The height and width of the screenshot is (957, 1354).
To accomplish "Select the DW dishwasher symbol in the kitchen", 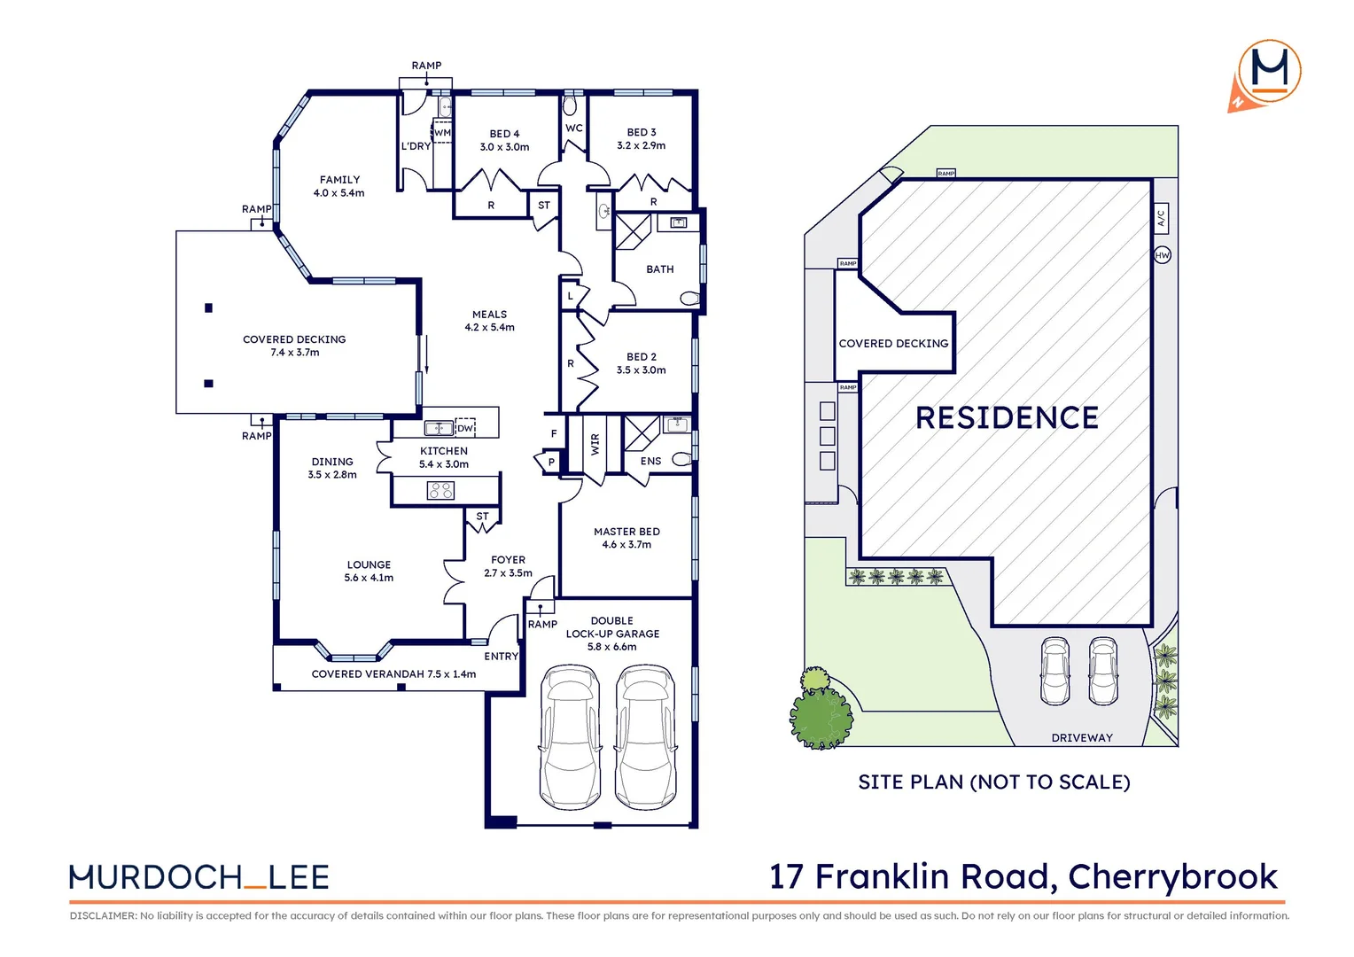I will pyautogui.click(x=465, y=428).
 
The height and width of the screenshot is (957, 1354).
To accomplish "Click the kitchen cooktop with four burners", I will pyautogui.click(x=440, y=490).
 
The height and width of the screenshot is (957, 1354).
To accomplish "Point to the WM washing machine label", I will pyautogui.click(x=442, y=133).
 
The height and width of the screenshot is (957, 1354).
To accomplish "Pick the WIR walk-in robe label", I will pyautogui.click(x=595, y=444).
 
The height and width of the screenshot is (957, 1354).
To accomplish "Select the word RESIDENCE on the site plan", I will pyautogui.click(x=1007, y=417).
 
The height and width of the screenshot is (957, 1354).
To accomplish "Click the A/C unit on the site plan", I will pyautogui.click(x=1162, y=217).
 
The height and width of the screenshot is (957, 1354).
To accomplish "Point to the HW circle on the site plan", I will pyautogui.click(x=1163, y=255).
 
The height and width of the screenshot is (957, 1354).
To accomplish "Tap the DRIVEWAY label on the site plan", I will pyautogui.click(x=1081, y=737).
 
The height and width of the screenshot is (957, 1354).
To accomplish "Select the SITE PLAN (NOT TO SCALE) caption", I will pyautogui.click(x=993, y=782).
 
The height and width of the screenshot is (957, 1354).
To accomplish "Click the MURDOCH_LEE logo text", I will pyautogui.click(x=199, y=877).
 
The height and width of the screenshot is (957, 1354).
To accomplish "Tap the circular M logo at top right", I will pyautogui.click(x=1269, y=71).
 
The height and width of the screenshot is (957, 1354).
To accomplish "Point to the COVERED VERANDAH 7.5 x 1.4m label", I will pyautogui.click(x=393, y=674).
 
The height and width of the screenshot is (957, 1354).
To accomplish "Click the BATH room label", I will pyautogui.click(x=659, y=269).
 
